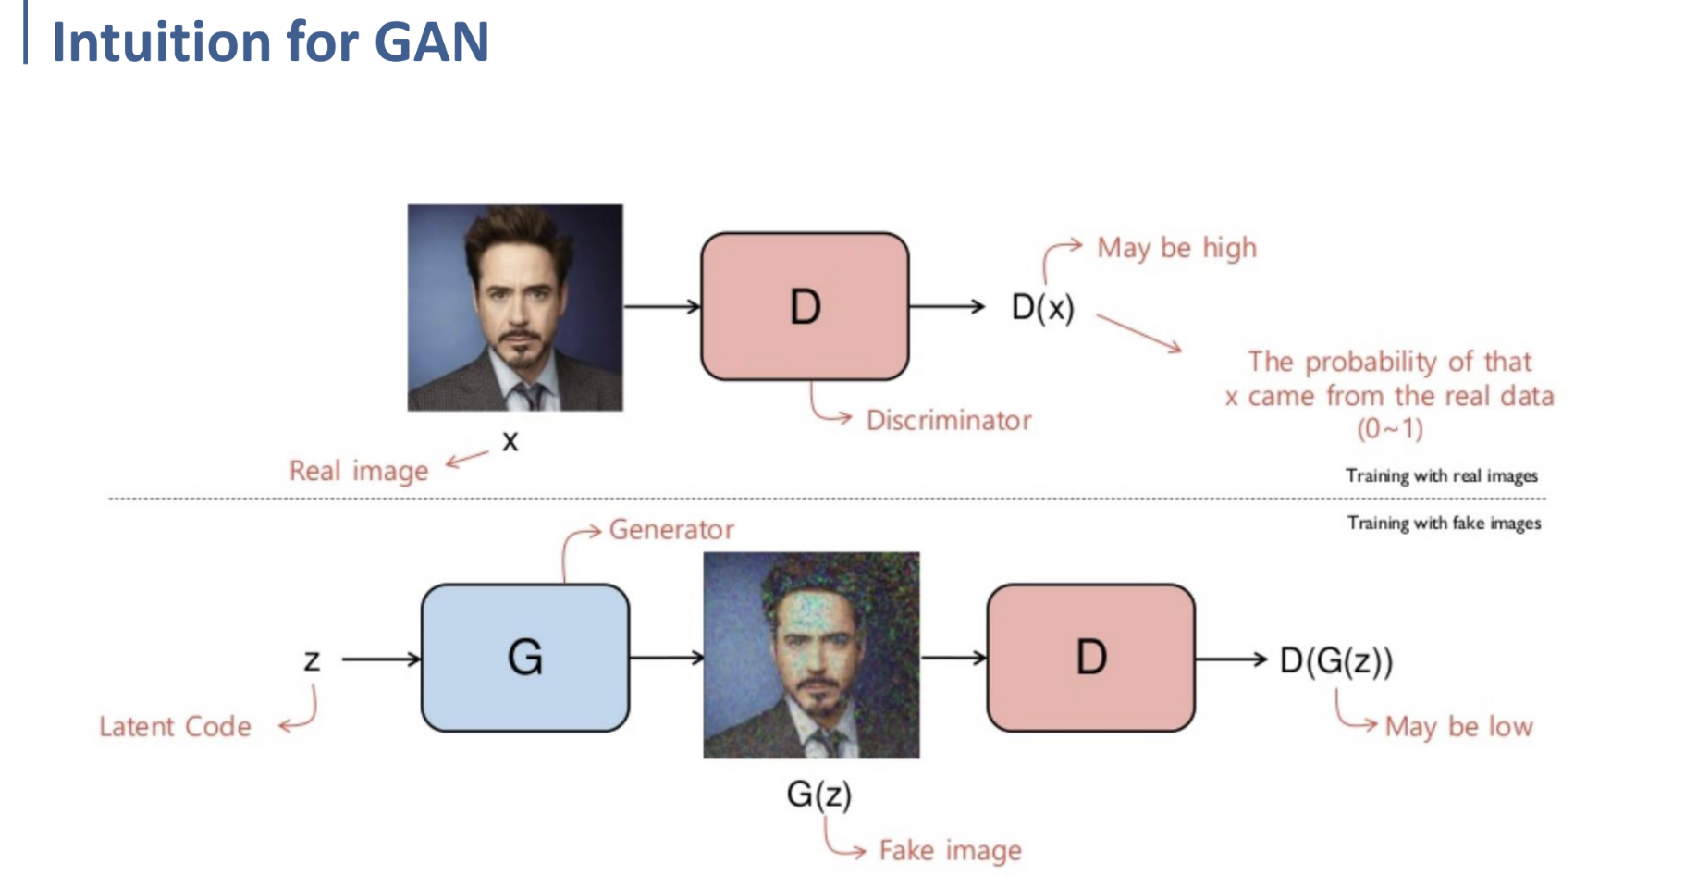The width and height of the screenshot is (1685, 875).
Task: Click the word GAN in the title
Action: click(431, 43)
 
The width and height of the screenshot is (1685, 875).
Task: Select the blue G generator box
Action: click(525, 658)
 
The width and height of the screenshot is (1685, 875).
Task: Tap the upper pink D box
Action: click(805, 306)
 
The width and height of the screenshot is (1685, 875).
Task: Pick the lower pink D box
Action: click(1091, 658)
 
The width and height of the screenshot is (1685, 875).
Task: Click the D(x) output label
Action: click(1042, 307)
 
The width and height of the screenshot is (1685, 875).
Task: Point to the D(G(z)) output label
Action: click(1335, 660)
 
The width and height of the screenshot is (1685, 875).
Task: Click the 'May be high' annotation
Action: click(1176, 248)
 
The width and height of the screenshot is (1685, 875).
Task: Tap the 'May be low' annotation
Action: click(1458, 727)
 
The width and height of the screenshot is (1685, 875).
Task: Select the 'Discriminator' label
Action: click(949, 421)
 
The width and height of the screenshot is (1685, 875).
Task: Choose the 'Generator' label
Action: click(671, 530)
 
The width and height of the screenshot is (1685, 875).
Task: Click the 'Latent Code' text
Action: click(175, 727)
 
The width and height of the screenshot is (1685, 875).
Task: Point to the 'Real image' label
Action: click(359, 471)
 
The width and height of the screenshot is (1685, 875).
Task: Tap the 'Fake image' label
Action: click(950, 851)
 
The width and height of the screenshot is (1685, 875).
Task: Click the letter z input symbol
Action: click(312, 660)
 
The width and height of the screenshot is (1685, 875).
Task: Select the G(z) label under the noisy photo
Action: click(818, 795)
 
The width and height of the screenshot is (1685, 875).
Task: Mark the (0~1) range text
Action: click(1390, 429)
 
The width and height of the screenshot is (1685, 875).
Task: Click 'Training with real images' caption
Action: click(1441, 475)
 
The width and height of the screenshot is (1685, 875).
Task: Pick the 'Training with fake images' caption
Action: click(1444, 524)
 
